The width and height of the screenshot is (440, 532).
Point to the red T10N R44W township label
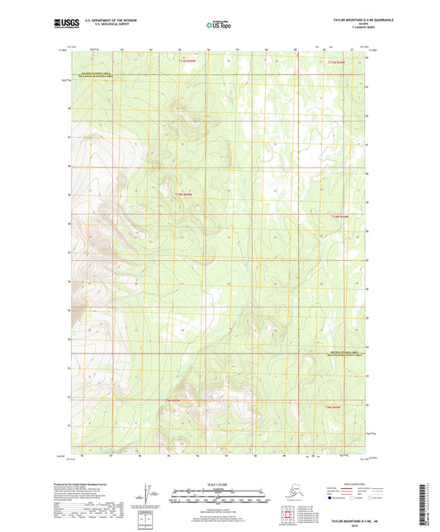pos(340,216)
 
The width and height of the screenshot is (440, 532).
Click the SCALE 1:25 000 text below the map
pos(220,483)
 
